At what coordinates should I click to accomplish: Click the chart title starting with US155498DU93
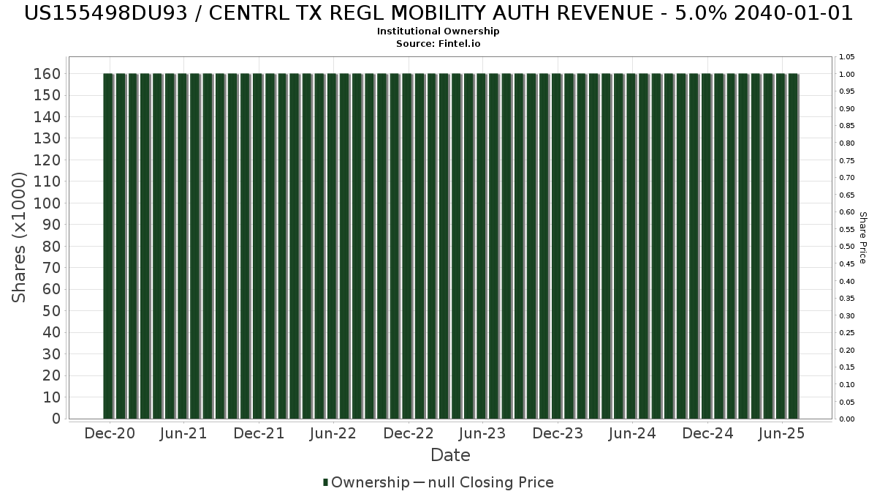(438, 13)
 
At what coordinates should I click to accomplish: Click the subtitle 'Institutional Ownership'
(438, 31)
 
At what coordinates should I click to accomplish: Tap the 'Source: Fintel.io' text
(438, 44)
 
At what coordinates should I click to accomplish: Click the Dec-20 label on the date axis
(110, 433)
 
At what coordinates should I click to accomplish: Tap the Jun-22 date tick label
(333, 433)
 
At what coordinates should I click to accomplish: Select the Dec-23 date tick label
(558, 433)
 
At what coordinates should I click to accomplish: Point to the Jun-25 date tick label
(781, 433)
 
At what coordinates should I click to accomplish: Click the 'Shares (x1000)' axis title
(20, 237)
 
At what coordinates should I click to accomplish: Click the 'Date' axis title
(450, 455)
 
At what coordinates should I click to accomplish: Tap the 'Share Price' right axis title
(862, 237)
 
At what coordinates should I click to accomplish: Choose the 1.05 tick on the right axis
(847, 57)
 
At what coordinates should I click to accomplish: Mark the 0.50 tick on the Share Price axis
(847, 247)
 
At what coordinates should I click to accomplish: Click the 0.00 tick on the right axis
(847, 419)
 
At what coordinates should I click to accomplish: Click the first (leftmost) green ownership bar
(108, 246)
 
